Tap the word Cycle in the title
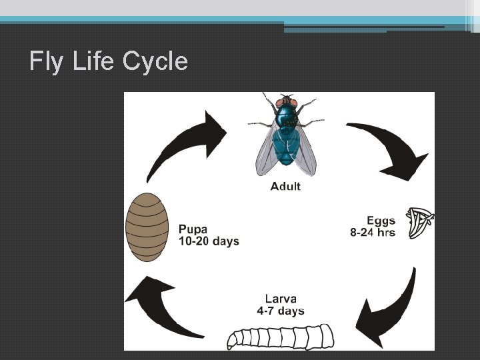155,61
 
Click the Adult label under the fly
285,186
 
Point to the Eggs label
381,221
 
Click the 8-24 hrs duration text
372,233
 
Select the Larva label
280,298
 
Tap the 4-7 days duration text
280,311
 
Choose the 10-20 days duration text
209,241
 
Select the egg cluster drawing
421,223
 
